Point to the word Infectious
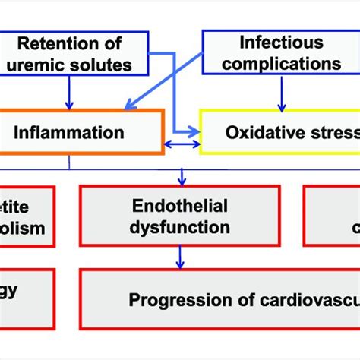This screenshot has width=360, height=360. click(280, 43)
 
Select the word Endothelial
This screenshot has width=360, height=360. click(179, 205)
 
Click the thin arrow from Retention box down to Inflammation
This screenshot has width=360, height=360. click(71, 91)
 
